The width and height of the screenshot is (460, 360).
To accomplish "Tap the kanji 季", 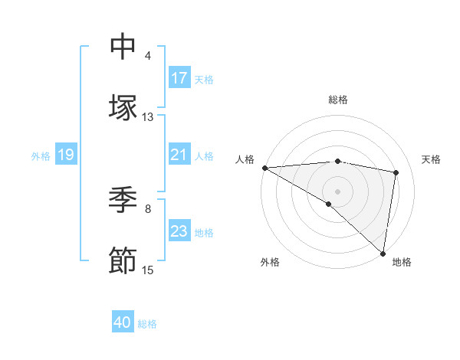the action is tap(123, 200).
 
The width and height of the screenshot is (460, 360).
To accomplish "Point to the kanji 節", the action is tap(123, 261).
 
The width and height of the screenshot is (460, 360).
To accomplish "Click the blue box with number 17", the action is tap(179, 78).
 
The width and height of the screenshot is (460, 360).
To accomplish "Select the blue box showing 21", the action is tap(179, 155).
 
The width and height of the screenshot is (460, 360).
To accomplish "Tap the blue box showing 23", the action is tap(179, 231).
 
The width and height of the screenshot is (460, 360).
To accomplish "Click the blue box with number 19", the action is tap(66, 155).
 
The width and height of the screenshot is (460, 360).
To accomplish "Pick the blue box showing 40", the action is tap(123, 322).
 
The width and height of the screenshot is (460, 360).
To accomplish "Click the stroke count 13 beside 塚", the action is tap(148, 117).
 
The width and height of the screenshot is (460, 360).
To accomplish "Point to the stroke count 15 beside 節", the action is tap(148, 270).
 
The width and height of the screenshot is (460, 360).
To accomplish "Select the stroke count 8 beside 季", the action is tap(148, 208).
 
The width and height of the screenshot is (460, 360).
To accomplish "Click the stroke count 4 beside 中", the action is tap(148, 56).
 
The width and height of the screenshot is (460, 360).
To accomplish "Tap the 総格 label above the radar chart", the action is tap(338, 100).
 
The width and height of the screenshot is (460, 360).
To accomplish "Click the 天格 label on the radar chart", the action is tap(432, 159).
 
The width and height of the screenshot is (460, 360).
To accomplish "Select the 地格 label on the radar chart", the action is tap(402, 262).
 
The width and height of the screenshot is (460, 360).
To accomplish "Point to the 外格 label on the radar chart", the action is tap(270, 262).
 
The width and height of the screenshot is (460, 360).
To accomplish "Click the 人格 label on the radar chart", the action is tap(244, 159).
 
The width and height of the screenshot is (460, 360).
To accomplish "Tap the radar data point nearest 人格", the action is tap(264, 168).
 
